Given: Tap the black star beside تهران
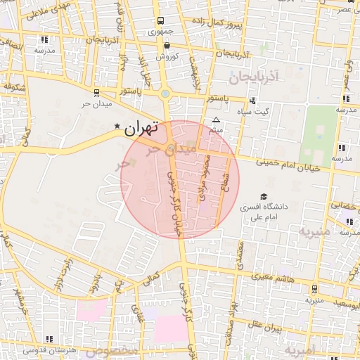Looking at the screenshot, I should pyautogui.click(x=117, y=127).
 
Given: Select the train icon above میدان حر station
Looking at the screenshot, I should pyautogui.click(x=96, y=92).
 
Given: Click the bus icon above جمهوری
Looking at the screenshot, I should pyautogui.click(x=161, y=21).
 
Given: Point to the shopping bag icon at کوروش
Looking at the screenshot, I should pyautogui.click(x=166, y=46).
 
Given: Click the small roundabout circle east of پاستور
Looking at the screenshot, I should pyautogui.click(x=165, y=93).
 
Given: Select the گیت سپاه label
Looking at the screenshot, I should pyautogui.click(x=252, y=112).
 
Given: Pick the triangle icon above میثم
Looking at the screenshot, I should pyautogui.click(x=217, y=120).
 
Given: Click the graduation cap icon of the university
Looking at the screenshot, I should pyautogui.click(x=264, y=197).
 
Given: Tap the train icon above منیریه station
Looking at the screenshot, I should pyautogui.click(x=314, y=288).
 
